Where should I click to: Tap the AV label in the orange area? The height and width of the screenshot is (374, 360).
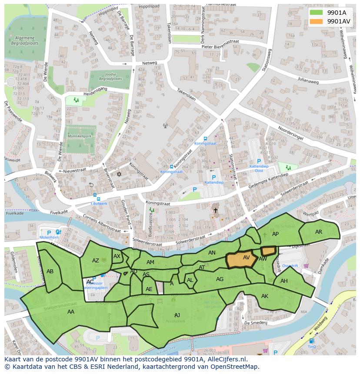[x=246, y=258]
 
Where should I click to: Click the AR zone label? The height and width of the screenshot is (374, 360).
[x=319, y=232]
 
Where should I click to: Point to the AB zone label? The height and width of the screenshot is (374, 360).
[x=50, y=271]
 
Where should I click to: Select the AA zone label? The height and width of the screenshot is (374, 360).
[x=70, y=311]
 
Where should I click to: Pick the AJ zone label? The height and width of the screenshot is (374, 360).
[x=177, y=315]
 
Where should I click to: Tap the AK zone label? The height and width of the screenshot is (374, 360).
[x=265, y=296]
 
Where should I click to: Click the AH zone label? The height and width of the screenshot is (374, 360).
[x=284, y=281]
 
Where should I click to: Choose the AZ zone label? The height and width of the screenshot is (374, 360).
[x=96, y=261]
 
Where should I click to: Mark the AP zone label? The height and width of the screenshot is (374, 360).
[x=275, y=234]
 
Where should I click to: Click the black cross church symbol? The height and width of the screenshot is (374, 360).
[x=215, y=211]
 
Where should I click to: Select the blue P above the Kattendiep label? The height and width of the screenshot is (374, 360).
[x=213, y=177]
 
